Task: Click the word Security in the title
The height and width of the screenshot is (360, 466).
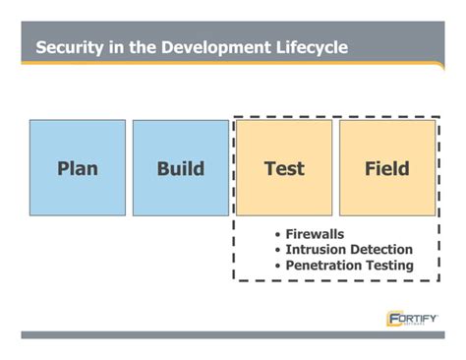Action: (70, 48)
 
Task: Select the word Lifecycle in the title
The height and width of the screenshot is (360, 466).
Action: (308, 48)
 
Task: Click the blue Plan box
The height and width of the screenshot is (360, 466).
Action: (78, 167)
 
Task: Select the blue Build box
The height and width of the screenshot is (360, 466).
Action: (181, 167)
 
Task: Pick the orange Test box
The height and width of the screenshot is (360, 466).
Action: (284, 167)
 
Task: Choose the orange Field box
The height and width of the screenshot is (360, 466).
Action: (387, 167)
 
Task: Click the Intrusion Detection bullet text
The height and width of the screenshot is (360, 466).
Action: (349, 250)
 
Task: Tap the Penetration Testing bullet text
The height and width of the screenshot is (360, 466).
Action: (349, 266)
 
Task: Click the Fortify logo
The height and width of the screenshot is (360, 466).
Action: (412, 319)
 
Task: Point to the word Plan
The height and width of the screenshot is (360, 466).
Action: (78, 168)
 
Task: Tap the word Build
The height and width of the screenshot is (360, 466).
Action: (181, 168)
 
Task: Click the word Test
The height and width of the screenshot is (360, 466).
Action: (284, 168)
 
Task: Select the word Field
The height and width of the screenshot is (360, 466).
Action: (387, 168)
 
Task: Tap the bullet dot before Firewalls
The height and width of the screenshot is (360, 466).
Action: (278, 235)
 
